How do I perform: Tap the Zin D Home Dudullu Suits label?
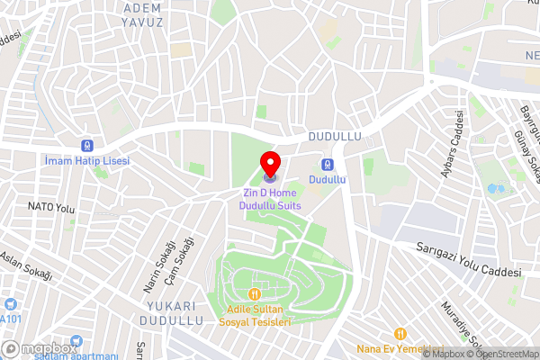click(270, 199)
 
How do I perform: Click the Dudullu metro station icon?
click(327, 165)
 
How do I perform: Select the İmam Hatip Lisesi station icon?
click(86, 145)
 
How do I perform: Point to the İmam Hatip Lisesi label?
click(86, 160)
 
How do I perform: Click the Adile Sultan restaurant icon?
click(256, 293)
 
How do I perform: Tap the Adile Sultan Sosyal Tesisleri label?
click(258, 315)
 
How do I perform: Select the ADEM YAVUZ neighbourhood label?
click(141, 14)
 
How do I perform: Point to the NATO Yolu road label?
click(50, 207)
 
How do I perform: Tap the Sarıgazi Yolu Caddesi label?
click(469, 262)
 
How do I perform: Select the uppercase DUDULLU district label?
click(334, 137)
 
